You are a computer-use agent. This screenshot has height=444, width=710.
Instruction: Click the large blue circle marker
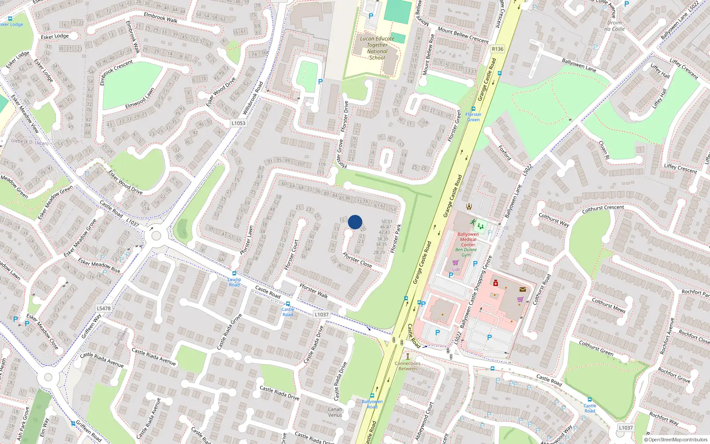pyautogui.click(x=355, y=222)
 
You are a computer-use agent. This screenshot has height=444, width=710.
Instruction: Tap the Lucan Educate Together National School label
pyautogui.click(x=377, y=48)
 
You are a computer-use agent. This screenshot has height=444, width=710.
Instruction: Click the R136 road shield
pyautogui.click(x=497, y=49)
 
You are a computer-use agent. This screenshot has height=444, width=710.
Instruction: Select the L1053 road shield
pyautogui.click(x=238, y=123)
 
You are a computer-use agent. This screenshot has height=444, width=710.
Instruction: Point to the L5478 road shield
pyautogui.click(x=103, y=308)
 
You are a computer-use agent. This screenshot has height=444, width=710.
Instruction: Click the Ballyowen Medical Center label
pyautogui.click(x=468, y=239)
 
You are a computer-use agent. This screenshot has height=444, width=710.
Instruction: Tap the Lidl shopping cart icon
pyautogui.click(x=456, y=263)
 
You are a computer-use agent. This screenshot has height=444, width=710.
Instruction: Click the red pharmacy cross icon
pyautogui.click(x=496, y=283)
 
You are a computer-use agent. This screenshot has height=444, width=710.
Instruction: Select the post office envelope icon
pyautogui.click(x=523, y=289)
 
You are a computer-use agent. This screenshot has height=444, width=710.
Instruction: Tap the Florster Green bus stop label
pyautogui.click(x=473, y=117)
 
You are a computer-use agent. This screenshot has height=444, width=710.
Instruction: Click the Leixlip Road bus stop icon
pyautogui.click(x=234, y=274)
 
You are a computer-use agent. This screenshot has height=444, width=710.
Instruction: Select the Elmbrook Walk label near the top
pyautogui.click(x=161, y=17)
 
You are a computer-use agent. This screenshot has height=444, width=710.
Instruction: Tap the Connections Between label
pyautogui.click(x=407, y=366)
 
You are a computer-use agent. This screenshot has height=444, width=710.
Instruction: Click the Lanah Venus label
pyautogui.click(x=335, y=412)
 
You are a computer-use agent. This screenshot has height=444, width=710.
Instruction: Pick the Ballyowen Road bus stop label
pyautogui.click(x=372, y=404)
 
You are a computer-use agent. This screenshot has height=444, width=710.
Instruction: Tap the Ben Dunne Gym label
pyautogui.click(x=466, y=252)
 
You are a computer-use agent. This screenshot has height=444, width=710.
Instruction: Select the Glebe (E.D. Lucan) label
pyautogui.click(x=30, y=142)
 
